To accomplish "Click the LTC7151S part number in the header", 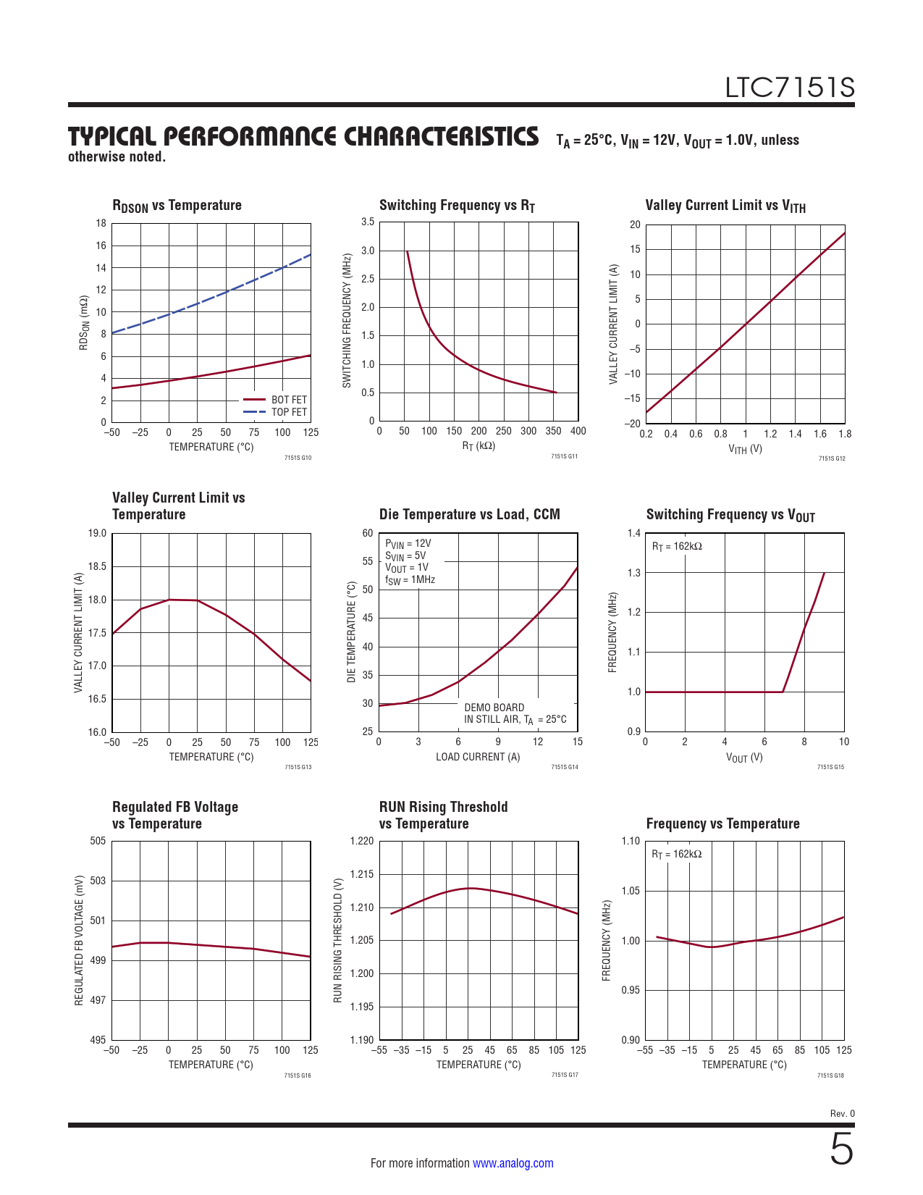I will [x=790, y=88].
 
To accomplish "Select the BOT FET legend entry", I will [x=289, y=400].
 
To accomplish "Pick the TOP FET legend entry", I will [x=289, y=412].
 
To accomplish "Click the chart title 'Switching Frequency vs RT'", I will [x=457, y=206].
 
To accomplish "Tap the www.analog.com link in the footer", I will [x=513, y=1163].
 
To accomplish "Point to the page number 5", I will [x=841, y=1149].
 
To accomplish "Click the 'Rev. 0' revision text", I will [x=842, y=1113].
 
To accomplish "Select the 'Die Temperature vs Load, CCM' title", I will [x=469, y=514].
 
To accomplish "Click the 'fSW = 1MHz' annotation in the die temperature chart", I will [x=410, y=580].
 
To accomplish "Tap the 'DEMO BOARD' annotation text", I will [x=494, y=708].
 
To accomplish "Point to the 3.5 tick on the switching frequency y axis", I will [x=368, y=222].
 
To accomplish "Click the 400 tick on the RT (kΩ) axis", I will [x=578, y=431].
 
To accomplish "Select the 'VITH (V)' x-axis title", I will [x=745, y=449].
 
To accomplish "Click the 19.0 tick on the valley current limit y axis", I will [x=97, y=534].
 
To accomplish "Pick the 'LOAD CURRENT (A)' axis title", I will [x=478, y=757].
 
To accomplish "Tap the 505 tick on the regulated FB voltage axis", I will [x=98, y=841].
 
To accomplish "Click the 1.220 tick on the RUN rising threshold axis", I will [x=361, y=841].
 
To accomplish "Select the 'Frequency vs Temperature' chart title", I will [x=722, y=823].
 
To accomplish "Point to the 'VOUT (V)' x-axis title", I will [x=744, y=758].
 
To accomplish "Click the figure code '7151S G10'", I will [x=298, y=458].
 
